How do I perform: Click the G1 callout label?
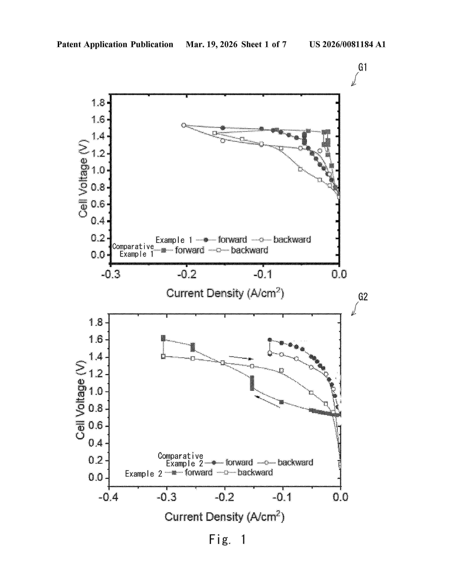tap(363, 67)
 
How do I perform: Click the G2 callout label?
tap(363, 297)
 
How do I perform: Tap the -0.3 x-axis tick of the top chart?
tap(111, 274)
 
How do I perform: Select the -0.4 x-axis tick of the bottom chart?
tap(108, 497)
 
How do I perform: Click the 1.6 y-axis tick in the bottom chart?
tap(96, 339)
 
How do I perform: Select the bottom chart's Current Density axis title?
tap(224, 517)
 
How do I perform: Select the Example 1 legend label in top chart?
tap(174, 240)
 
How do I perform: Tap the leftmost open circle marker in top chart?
tap(183, 125)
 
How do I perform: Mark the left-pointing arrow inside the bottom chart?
tap(267, 401)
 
